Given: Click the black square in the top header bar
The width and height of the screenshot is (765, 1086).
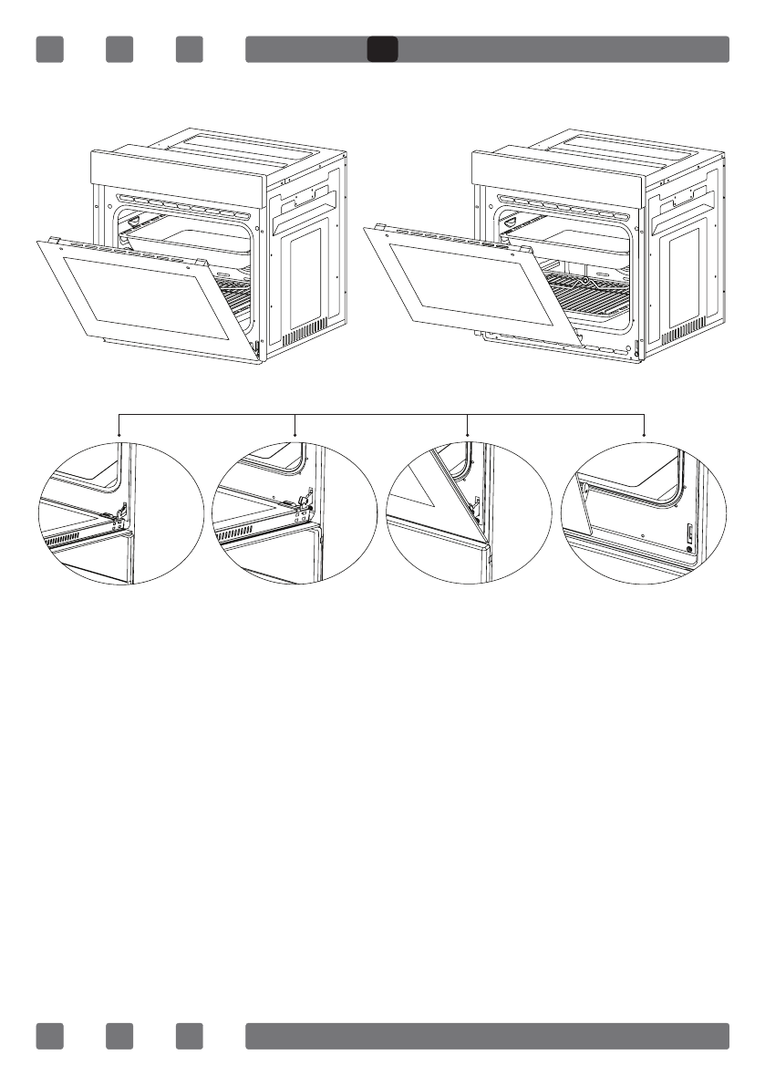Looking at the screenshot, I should (382, 49).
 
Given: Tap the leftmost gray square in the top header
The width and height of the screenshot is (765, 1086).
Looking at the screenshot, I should (49, 49).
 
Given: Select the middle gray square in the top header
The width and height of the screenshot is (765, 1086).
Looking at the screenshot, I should (119, 49).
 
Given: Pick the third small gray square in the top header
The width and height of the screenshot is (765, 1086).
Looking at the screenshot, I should (190, 49).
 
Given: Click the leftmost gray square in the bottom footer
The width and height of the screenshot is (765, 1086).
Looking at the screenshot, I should (49, 1036).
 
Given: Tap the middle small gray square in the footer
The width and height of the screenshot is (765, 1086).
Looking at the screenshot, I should (119, 1036).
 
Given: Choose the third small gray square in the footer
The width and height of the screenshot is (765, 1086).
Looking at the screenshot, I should (190, 1036).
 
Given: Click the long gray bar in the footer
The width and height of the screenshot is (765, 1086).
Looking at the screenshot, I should (487, 1036).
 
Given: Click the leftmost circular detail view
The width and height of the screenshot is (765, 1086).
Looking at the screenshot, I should (119, 512).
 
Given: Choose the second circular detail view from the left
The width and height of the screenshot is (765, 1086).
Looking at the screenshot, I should (294, 512).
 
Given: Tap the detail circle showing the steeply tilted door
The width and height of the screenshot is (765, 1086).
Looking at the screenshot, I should (469, 512).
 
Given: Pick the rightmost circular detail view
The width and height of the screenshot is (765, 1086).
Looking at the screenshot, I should (644, 512).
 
